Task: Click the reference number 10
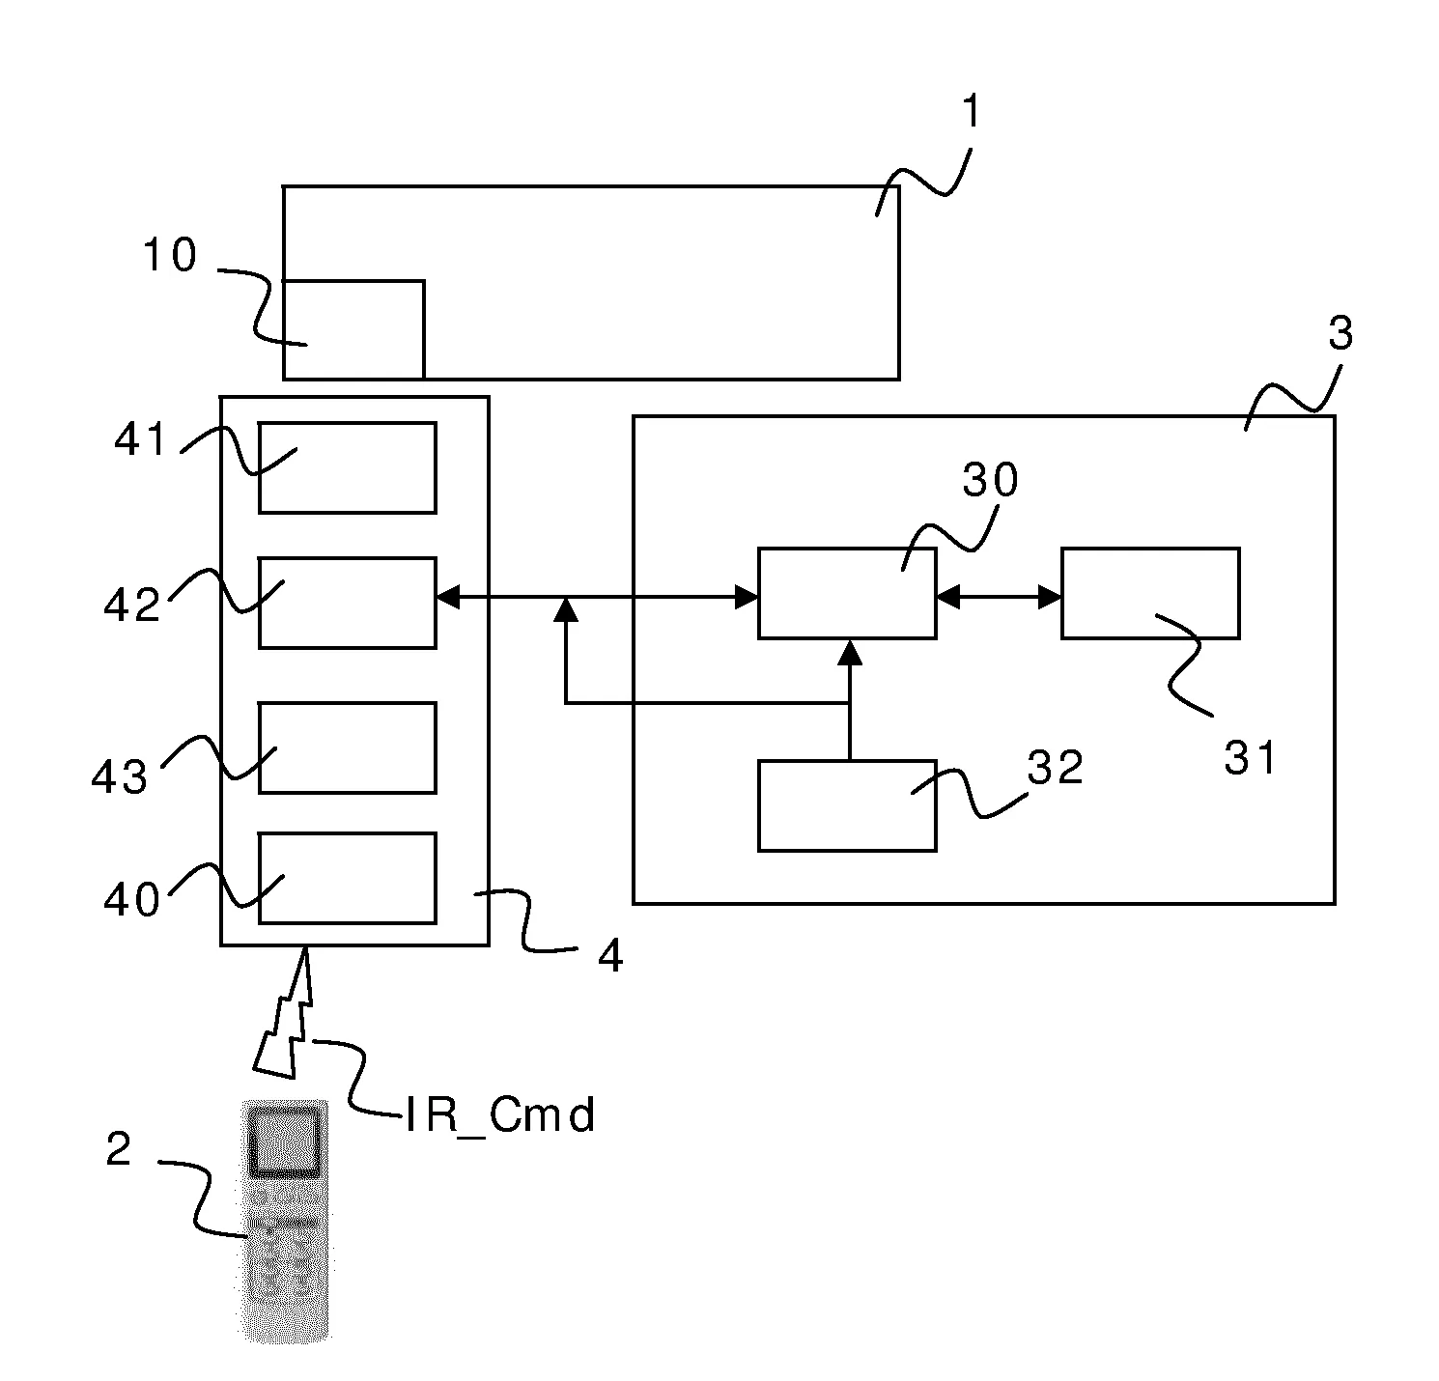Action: pos(169,256)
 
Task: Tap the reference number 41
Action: pos(142,441)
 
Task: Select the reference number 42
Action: pos(132,606)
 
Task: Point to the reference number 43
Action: pos(120,776)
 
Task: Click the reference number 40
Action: pos(132,900)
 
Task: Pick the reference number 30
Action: pos(990,480)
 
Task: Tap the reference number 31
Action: pos(1250,759)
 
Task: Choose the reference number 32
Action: pos(1055,769)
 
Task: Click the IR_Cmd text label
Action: pos(499,1116)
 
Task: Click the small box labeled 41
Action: pos(347,467)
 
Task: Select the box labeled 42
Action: pos(347,603)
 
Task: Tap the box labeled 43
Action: pos(347,747)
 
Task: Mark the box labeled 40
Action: pos(347,878)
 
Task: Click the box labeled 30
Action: pos(847,593)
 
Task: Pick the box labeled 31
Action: pos(1150,593)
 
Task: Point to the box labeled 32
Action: pos(847,805)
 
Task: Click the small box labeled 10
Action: pos(353,328)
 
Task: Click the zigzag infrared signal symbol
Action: pos(286,1013)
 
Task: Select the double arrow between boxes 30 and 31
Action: pos(999,599)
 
